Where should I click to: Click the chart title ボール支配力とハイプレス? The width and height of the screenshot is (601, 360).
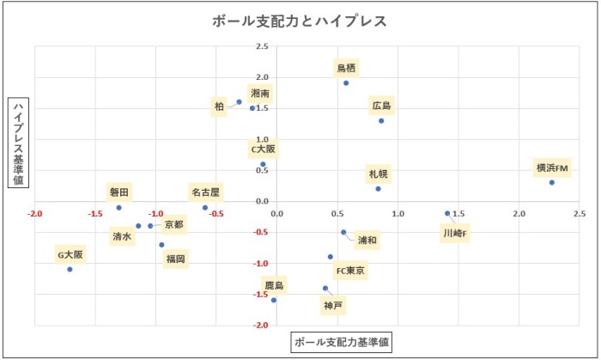click(300, 21)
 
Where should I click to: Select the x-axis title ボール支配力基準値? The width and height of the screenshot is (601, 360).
click(342, 342)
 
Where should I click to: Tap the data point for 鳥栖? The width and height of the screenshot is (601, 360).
click(346, 83)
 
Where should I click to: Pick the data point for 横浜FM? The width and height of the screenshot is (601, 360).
click(552, 182)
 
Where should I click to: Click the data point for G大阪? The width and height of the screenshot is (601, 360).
click(70, 269)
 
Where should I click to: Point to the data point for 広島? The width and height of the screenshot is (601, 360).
click(381, 121)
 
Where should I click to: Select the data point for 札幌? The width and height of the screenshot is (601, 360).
click(378, 189)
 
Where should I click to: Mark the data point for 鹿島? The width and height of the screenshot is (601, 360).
click(274, 300)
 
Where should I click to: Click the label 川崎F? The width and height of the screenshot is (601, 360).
click(456, 233)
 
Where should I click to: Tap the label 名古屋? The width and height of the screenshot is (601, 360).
click(205, 192)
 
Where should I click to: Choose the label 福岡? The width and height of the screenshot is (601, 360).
click(175, 258)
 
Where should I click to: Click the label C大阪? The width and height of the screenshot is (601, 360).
click(264, 149)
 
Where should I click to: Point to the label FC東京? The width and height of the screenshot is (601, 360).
click(350, 272)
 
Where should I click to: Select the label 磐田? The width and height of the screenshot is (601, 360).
click(119, 192)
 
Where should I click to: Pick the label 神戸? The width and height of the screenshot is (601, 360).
click(332, 305)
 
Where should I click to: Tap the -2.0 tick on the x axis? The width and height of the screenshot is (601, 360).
click(35, 212)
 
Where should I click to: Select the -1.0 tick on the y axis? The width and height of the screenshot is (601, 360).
click(261, 264)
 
